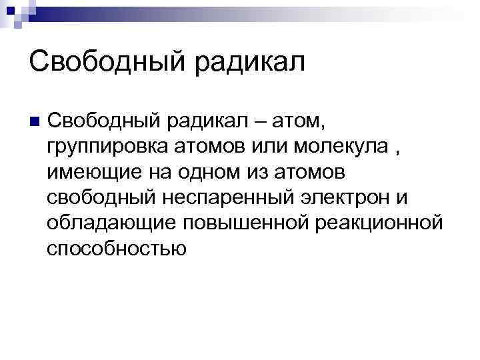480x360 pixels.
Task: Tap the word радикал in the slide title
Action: point(250,63)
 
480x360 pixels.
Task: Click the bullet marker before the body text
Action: point(35,121)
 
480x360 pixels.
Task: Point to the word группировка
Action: point(105,147)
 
